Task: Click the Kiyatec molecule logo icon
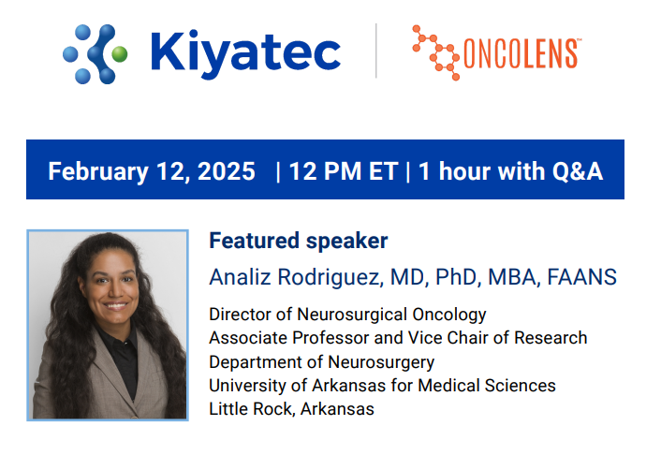(95, 52)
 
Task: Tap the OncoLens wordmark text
(521, 53)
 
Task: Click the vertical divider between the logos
(376, 51)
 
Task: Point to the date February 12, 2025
(151, 171)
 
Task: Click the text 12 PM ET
(345, 171)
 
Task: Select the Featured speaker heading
(298, 241)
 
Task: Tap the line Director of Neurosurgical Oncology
(347, 315)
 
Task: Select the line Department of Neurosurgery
(321, 362)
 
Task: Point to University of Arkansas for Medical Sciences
(382, 386)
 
